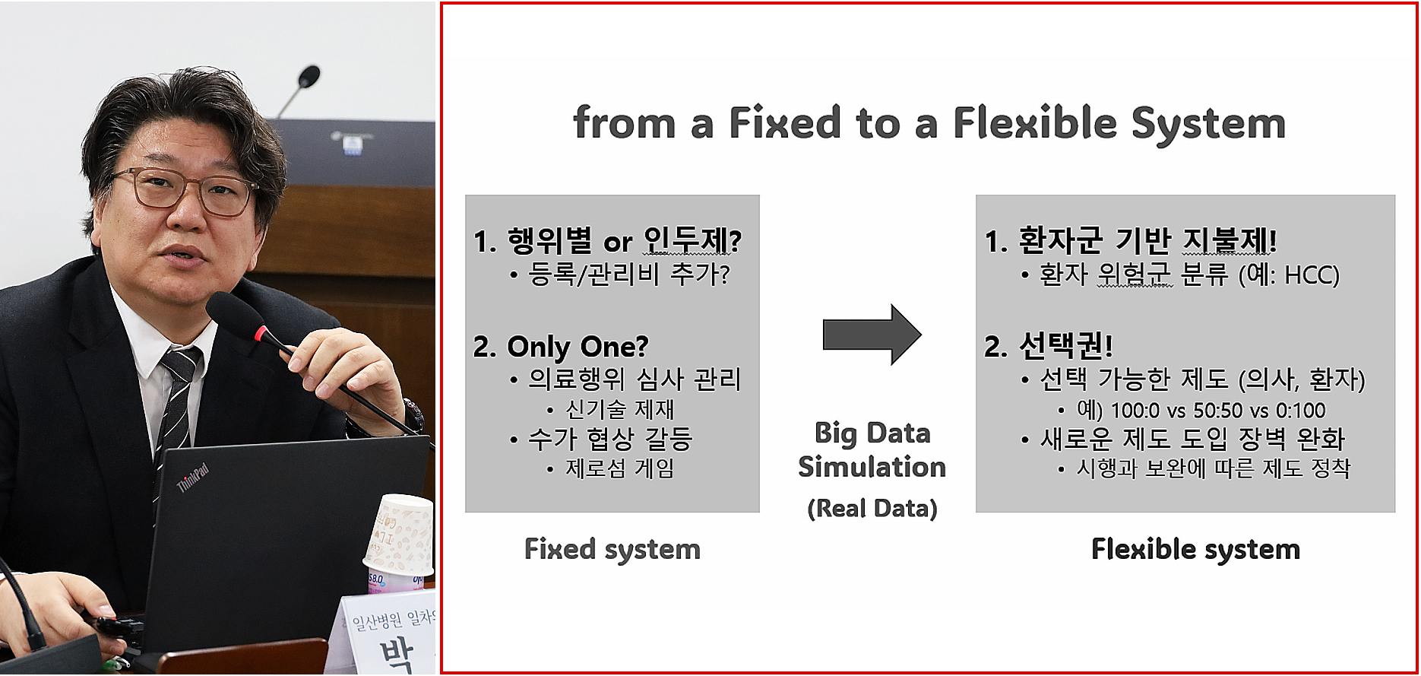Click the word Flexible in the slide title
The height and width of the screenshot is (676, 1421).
(1034, 123)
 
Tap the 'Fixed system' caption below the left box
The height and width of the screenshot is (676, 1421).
(612, 549)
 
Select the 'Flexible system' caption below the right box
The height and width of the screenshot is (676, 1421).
(1195, 549)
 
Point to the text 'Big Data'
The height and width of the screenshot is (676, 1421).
(872, 433)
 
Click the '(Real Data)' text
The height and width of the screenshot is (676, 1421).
(872, 508)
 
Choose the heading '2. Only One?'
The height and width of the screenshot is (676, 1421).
(561, 347)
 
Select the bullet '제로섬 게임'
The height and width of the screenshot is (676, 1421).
(619, 468)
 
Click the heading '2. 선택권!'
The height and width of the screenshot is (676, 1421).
(1049, 347)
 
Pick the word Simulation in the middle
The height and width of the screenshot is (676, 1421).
(872, 467)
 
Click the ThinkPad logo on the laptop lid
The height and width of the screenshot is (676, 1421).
(192, 478)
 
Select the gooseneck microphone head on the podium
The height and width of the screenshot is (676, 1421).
(309, 75)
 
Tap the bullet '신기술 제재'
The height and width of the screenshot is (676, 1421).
(619, 410)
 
